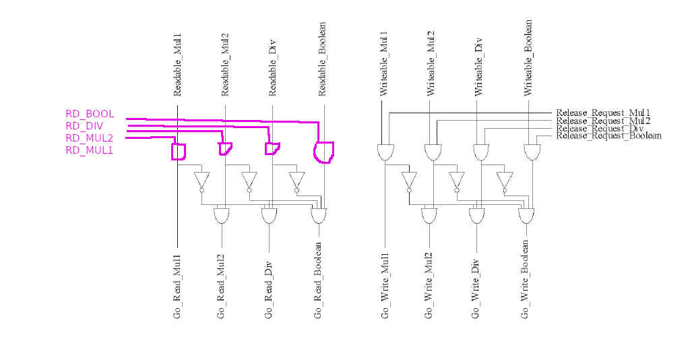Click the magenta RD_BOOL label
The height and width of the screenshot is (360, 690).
tap(90, 114)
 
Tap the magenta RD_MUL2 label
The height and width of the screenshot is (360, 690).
tap(89, 138)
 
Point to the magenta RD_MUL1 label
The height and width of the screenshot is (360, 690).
tap(89, 150)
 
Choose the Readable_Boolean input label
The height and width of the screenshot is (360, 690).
tap(322, 59)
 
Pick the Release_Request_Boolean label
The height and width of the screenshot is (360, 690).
tap(608, 136)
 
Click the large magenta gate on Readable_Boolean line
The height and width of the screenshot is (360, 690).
tap(324, 152)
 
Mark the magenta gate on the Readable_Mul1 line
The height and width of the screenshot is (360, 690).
tap(179, 151)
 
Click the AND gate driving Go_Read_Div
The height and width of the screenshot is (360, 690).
tap(270, 216)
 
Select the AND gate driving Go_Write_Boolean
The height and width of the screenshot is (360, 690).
tap(526, 216)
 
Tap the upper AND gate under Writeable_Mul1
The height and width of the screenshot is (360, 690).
tap(385, 152)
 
